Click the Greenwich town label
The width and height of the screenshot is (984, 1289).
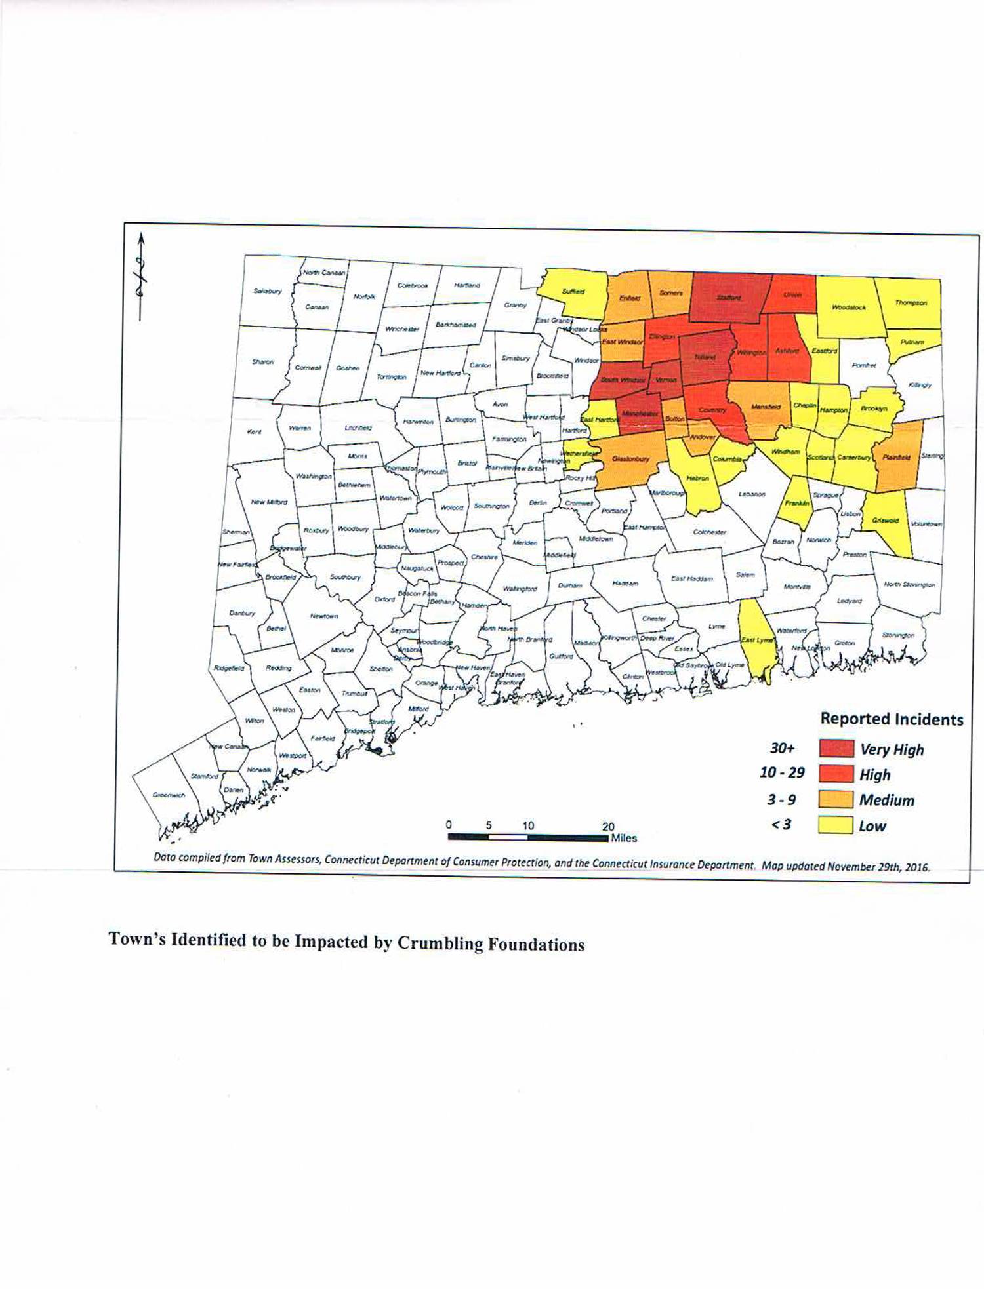169,795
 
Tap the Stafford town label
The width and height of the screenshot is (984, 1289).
728,298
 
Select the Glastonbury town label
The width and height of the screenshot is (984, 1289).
630,458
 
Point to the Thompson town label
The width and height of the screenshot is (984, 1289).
911,303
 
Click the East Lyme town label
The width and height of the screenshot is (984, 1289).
757,640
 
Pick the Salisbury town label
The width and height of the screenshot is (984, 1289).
267,290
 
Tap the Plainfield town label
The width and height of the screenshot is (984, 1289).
896,458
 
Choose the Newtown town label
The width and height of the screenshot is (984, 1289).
323,616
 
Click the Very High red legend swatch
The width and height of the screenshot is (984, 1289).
836,749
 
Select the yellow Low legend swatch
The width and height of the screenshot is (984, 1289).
836,825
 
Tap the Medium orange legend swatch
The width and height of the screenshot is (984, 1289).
836,800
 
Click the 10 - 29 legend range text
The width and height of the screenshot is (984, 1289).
782,772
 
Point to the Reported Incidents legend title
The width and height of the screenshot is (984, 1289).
892,719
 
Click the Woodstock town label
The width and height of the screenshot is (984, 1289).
849,307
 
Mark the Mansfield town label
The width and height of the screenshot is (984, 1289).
766,407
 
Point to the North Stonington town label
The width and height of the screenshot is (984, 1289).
909,584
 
